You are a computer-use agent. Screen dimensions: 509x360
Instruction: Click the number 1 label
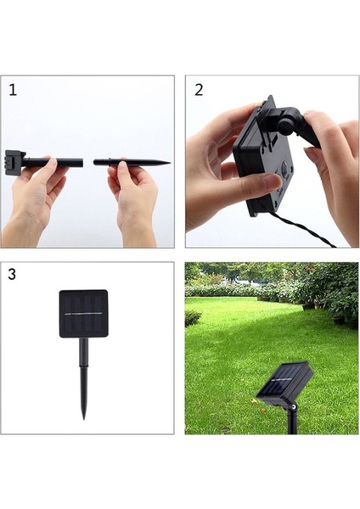(x=13, y=90)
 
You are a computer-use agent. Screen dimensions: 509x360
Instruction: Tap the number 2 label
(x=199, y=90)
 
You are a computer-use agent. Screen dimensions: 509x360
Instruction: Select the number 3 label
(x=12, y=275)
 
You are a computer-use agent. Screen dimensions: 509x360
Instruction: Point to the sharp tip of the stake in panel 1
(x=166, y=162)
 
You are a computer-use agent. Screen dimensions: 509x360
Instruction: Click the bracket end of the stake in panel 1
(x=11, y=159)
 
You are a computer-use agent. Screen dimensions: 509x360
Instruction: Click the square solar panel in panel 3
(x=83, y=313)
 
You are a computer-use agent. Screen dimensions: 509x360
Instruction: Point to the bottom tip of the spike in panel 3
(x=84, y=416)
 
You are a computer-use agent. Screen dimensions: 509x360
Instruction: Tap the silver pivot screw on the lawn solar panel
(x=292, y=406)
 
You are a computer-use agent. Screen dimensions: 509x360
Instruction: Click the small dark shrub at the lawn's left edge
(x=193, y=317)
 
